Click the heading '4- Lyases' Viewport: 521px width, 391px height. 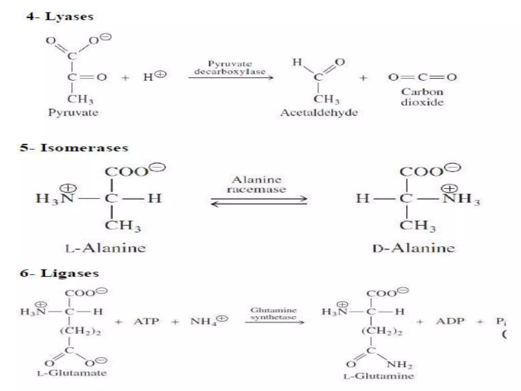pyautogui.click(x=60, y=17)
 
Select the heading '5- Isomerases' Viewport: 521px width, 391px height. pyautogui.click(x=74, y=148)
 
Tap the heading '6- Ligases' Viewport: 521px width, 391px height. pyautogui.click(x=60, y=273)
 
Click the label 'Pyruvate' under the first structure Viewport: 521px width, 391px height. pyautogui.click(x=73, y=113)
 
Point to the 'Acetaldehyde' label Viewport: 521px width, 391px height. pyautogui.click(x=319, y=113)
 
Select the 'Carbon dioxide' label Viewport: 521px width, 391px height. pyautogui.click(x=422, y=97)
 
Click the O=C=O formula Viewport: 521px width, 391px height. pyautogui.click(x=422, y=77)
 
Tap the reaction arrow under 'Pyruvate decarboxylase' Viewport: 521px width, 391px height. pyautogui.click(x=231, y=77)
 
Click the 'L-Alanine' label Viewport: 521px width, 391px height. pyautogui.click(x=106, y=248)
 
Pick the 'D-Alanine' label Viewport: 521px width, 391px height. pyautogui.click(x=414, y=248)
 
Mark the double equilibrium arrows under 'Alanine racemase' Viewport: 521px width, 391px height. pyautogui.click(x=259, y=201)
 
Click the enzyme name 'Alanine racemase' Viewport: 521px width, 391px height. pyautogui.click(x=256, y=184)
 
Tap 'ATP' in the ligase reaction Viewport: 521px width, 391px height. pyautogui.click(x=147, y=321)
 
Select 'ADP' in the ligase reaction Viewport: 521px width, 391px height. pyautogui.click(x=450, y=321)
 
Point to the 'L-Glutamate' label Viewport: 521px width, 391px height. pyautogui.click(x=72, y=373)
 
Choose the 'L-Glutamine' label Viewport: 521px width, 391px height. pyautogui.click(x=379, y=376)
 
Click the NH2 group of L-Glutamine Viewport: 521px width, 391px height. pyautogui.click(x=399, y=365)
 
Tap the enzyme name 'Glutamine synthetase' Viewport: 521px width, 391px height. pyautogui.click(x=273, y=313)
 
